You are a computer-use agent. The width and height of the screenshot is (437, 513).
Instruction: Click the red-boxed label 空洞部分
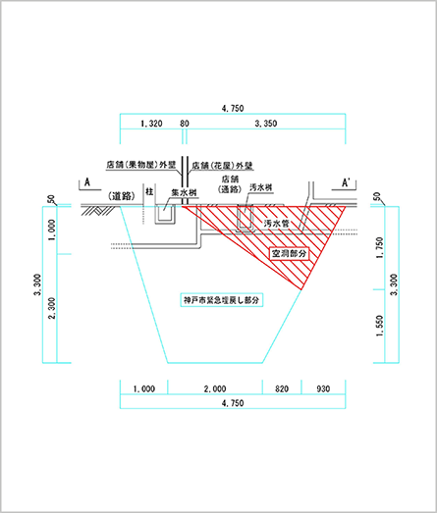(x=290, y=253)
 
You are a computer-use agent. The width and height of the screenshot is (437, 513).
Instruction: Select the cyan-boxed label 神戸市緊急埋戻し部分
(x=222, y=300)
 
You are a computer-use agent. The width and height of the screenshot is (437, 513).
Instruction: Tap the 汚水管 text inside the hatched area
(x=277, y=224)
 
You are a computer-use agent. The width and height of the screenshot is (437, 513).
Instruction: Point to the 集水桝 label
(x=184, y=192)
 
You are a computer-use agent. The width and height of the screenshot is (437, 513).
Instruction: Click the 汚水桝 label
(x=261, y=187)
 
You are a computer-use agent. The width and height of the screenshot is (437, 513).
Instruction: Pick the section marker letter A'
(x=346, y=182)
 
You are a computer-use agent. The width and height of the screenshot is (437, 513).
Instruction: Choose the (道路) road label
(x=121, y=196)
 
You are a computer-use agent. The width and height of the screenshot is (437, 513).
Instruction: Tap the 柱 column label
(x=149, y=191)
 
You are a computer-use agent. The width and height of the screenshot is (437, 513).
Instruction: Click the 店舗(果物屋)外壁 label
(x=141, y=165)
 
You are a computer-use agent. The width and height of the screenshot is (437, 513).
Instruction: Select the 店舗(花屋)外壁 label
(x=223, y=166)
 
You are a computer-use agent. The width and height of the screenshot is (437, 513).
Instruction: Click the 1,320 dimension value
(x=151, y=124)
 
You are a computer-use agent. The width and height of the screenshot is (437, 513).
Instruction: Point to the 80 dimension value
(x=185, y=124)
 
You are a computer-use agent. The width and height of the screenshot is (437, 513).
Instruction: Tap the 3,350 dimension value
(x=266, y=124)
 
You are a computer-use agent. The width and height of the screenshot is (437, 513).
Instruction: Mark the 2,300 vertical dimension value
(x=52, y=308)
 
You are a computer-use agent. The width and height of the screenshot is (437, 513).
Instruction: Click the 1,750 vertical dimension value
(x=379, y=247)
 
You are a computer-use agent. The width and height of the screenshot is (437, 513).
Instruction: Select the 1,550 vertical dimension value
(x=379, y=326)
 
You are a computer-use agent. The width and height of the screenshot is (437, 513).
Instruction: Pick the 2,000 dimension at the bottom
(x=215, y=389)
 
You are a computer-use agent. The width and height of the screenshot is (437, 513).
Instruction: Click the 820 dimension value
(x=282, y=389)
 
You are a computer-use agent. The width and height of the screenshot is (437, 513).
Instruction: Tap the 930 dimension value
(x=323, y=389)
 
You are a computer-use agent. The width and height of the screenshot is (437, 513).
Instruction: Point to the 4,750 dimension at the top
(x=233, y=108)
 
